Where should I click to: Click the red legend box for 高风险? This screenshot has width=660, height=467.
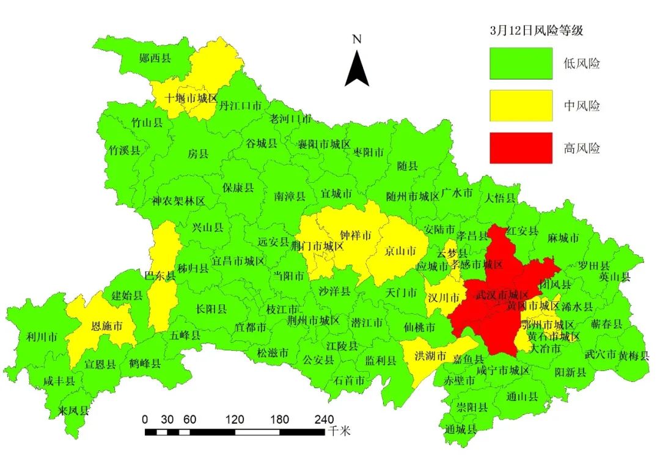click(x=521, y=148)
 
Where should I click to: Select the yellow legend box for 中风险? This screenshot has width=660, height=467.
click(x=521, y=106)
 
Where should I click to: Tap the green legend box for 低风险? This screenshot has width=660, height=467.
click(x=521, y=64)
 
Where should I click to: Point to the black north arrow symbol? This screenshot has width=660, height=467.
click(x=357, y=69)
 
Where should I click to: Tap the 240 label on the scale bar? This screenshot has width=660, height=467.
click(x=324, y=419)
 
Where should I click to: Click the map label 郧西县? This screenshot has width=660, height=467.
click(x=155, y=58)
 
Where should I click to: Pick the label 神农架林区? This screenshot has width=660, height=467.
click(x=178, y=200)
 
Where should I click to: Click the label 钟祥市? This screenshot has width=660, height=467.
click(x=356, y=235)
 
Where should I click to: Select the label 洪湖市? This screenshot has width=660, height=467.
click(x=431, y=356)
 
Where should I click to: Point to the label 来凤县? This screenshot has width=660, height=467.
click(x=73, y=410)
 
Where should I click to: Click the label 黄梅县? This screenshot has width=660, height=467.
click(x=633, y=355)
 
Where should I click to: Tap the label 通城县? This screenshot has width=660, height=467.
click(x=461, y=428)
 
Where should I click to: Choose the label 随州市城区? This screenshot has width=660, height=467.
click(x=413, y=196)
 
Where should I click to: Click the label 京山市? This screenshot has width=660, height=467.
click(x=400, y=251)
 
